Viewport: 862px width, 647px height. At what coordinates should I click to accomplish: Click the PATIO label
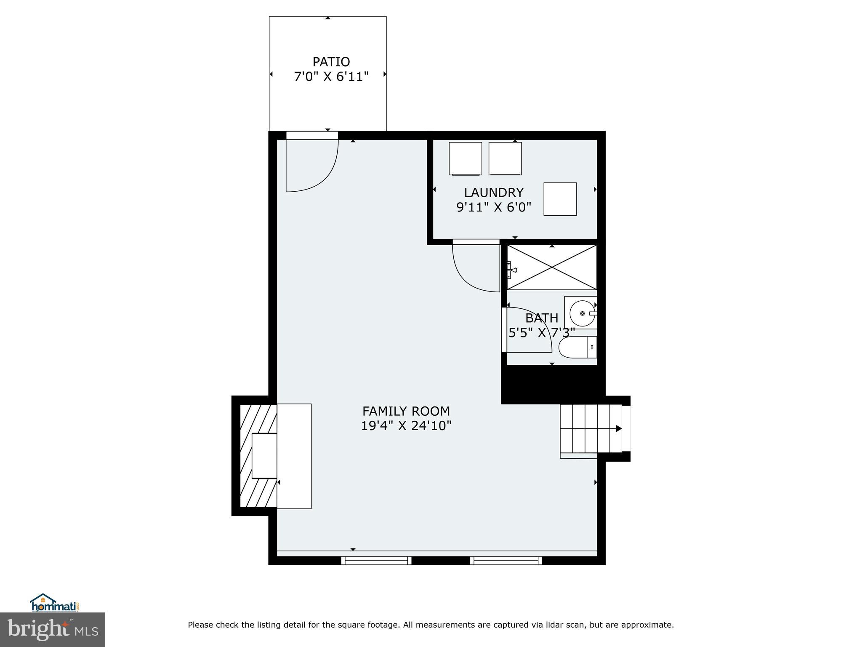[331, 62]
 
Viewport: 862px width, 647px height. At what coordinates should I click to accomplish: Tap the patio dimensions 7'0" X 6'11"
[331, 77]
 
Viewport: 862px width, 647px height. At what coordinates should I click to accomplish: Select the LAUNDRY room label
[493, 192]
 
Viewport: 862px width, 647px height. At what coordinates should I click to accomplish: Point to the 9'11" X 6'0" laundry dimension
[493, 207]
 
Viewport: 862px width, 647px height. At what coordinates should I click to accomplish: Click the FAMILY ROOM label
[406, 411]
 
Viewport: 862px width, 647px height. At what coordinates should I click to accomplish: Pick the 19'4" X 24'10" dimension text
[406, 426]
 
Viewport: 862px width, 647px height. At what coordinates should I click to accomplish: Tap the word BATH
[541, 318]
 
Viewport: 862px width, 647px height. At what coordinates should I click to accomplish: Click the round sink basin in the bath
[582, 313]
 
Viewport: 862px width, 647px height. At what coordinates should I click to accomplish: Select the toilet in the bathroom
[577, 348]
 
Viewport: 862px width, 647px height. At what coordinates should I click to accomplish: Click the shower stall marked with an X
[551, 267]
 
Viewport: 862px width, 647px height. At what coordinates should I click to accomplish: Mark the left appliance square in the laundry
[465, 158]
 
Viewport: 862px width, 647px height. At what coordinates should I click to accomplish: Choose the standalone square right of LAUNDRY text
[560, 199]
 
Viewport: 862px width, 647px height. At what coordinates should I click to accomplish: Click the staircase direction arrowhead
[619, 428]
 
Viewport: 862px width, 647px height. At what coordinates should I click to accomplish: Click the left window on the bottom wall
[376, 560]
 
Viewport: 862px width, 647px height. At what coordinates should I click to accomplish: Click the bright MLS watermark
[53, 630]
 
